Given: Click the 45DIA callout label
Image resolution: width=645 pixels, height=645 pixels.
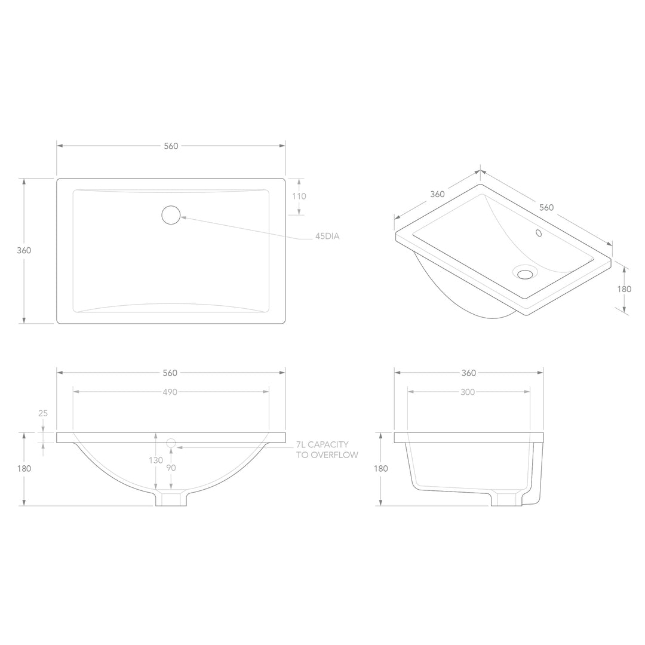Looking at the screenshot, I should coord(327,236).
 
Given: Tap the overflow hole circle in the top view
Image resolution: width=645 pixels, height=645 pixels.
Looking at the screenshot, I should coord(171,214).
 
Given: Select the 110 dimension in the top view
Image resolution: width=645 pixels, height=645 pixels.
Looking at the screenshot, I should coord(299,196).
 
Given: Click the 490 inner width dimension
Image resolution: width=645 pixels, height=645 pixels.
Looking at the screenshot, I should coord(170,392).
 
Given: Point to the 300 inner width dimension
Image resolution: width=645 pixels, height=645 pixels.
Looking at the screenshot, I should coord(468,392).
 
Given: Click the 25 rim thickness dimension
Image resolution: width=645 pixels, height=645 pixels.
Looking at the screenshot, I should coord(43,413).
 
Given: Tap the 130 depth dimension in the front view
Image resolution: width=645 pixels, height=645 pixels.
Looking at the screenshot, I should coord(155,460).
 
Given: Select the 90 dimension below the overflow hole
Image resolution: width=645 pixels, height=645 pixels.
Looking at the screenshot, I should coord(171,468).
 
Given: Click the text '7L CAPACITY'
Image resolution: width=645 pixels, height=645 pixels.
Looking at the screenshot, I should coord(322,445).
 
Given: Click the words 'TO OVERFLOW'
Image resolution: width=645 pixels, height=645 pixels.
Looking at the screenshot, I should coord(327,455).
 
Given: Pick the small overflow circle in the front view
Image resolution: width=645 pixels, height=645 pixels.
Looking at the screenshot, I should coord(171,443).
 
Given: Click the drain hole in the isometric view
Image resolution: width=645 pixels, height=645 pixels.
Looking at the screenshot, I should coord(525,274).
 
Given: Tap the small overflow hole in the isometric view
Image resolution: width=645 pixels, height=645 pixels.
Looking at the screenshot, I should coord(539,233).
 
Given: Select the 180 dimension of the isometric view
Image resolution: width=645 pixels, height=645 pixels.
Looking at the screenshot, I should coord(623,289).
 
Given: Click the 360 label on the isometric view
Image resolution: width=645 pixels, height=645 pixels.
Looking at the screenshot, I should coord(437,194).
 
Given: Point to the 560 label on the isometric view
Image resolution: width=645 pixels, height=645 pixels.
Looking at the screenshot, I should coord(546,208).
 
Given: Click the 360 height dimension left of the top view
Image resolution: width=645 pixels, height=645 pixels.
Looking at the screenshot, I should coord(24,250).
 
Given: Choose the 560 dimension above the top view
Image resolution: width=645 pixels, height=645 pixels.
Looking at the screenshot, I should coord(171,146).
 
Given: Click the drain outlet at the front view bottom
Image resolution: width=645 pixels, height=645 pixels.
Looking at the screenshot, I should coord(171,499).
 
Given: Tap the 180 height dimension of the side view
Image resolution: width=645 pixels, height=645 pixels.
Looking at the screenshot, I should coord(380,469).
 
